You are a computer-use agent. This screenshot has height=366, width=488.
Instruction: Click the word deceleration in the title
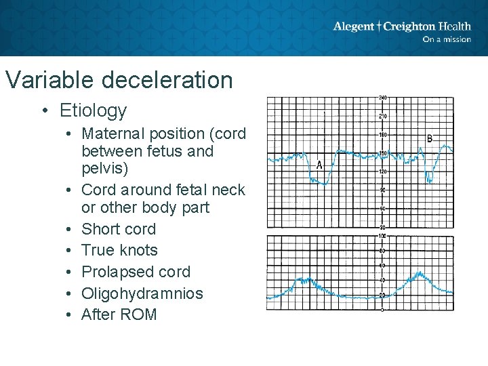point(167,80)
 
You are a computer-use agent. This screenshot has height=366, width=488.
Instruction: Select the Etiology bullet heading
point(93,110)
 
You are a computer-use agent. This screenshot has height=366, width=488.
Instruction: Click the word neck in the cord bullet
point(227,190)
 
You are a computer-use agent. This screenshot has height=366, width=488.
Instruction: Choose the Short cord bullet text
point(119,229)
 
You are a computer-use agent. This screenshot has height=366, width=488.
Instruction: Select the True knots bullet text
point(119,250)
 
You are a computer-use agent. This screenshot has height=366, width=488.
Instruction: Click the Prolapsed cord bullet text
point(136,272)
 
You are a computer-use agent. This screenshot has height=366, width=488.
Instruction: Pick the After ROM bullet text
point(119,314)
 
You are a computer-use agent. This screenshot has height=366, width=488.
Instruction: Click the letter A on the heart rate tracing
point(319,165)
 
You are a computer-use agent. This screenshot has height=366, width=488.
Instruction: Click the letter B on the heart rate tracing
point(429,139)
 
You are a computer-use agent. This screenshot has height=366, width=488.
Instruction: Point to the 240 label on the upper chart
point(382,99)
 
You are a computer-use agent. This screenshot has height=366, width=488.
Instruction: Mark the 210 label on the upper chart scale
point(382,117)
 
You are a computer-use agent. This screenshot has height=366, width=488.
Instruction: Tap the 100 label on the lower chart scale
point(382,236)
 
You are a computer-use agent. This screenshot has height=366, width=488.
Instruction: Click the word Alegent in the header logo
point(354,26)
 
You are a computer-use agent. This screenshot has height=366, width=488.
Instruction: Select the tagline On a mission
point(446,39)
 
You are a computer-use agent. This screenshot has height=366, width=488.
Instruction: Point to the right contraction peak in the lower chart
point(419,274)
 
